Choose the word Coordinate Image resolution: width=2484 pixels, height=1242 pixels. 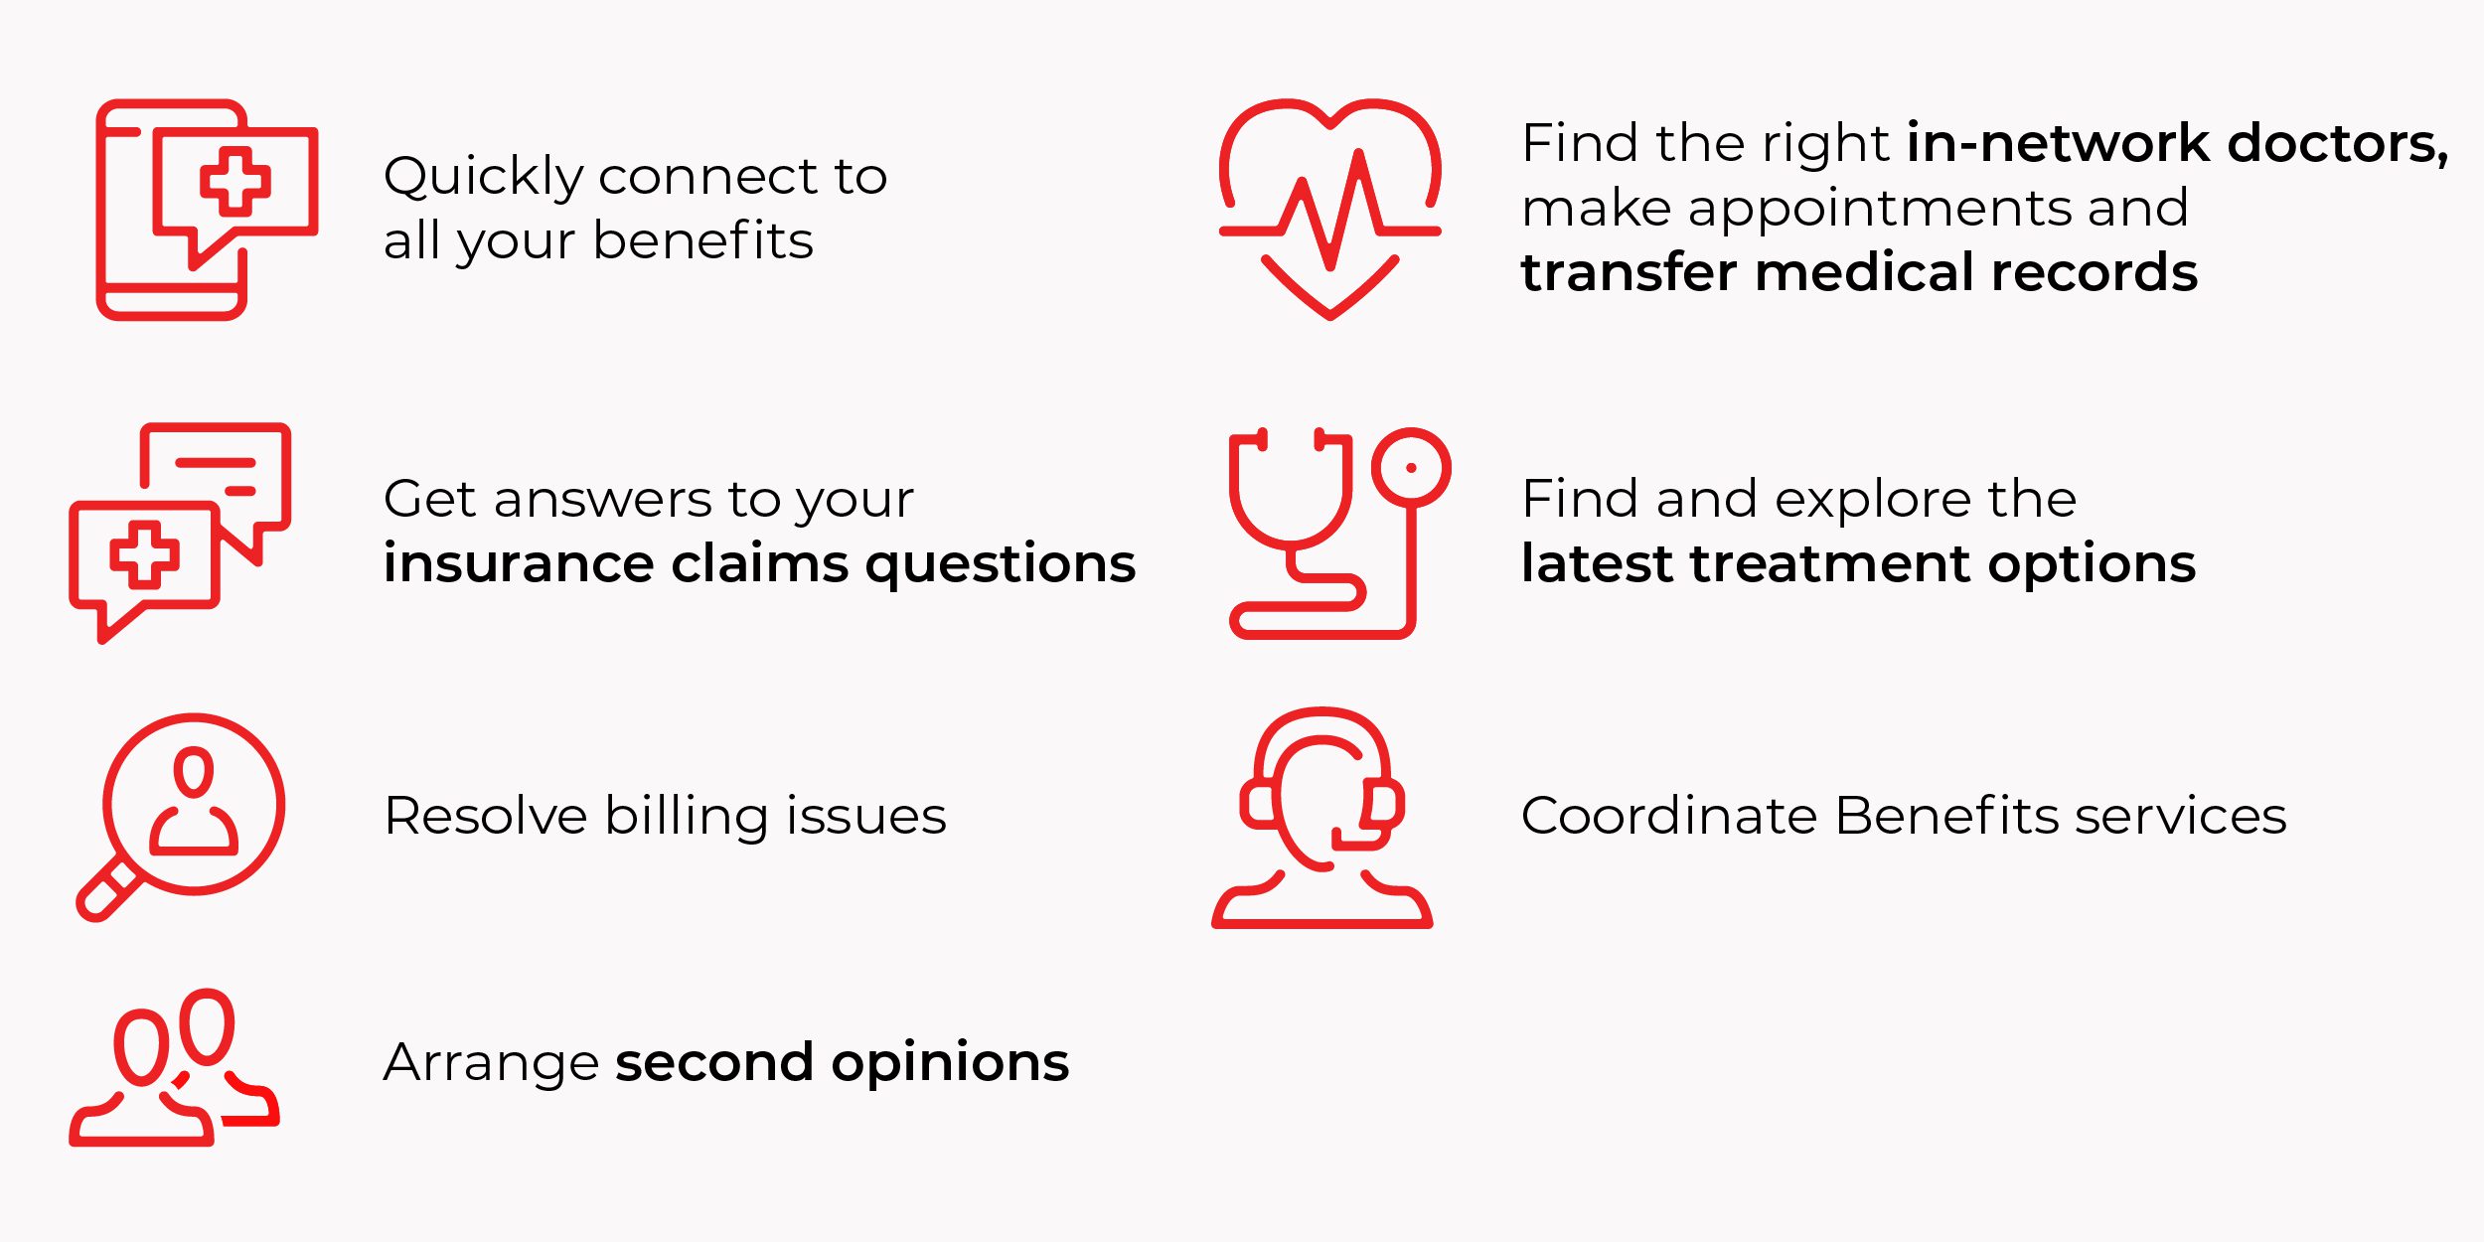pyautogui.click(x=1669, y=816)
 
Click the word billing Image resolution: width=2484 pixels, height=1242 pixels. pyautogui.click(x=687, y=818)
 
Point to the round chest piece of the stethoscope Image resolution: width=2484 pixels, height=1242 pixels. pyautogui.click(x=1411, y=468)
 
